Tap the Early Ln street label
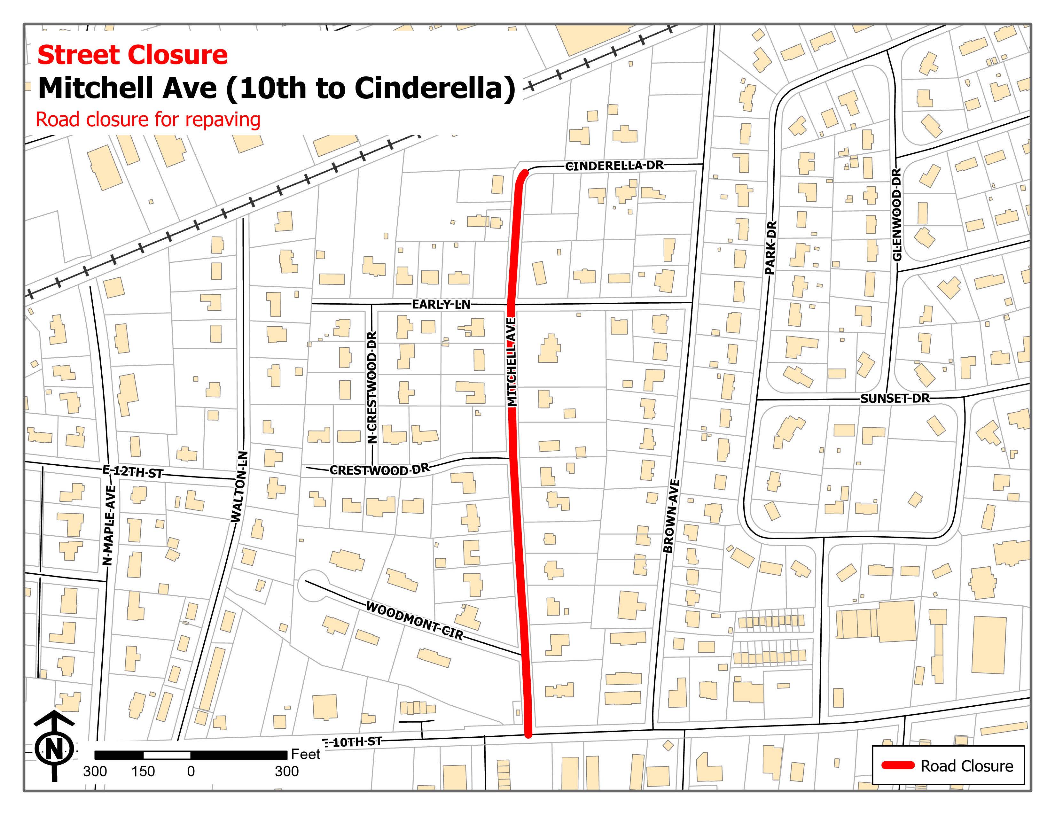[x=441, y=304]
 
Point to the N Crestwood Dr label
[x=371, y=387]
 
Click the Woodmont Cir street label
[x=414, y=620]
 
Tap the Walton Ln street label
[x=239, y=487]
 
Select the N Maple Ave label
[x=109, y=525]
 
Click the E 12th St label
[x=133, y=472]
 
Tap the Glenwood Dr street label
[x=897, y=214]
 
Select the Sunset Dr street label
[x=895, y=398]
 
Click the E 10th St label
[x=353, y=742]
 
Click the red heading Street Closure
[x=132, y=55]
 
